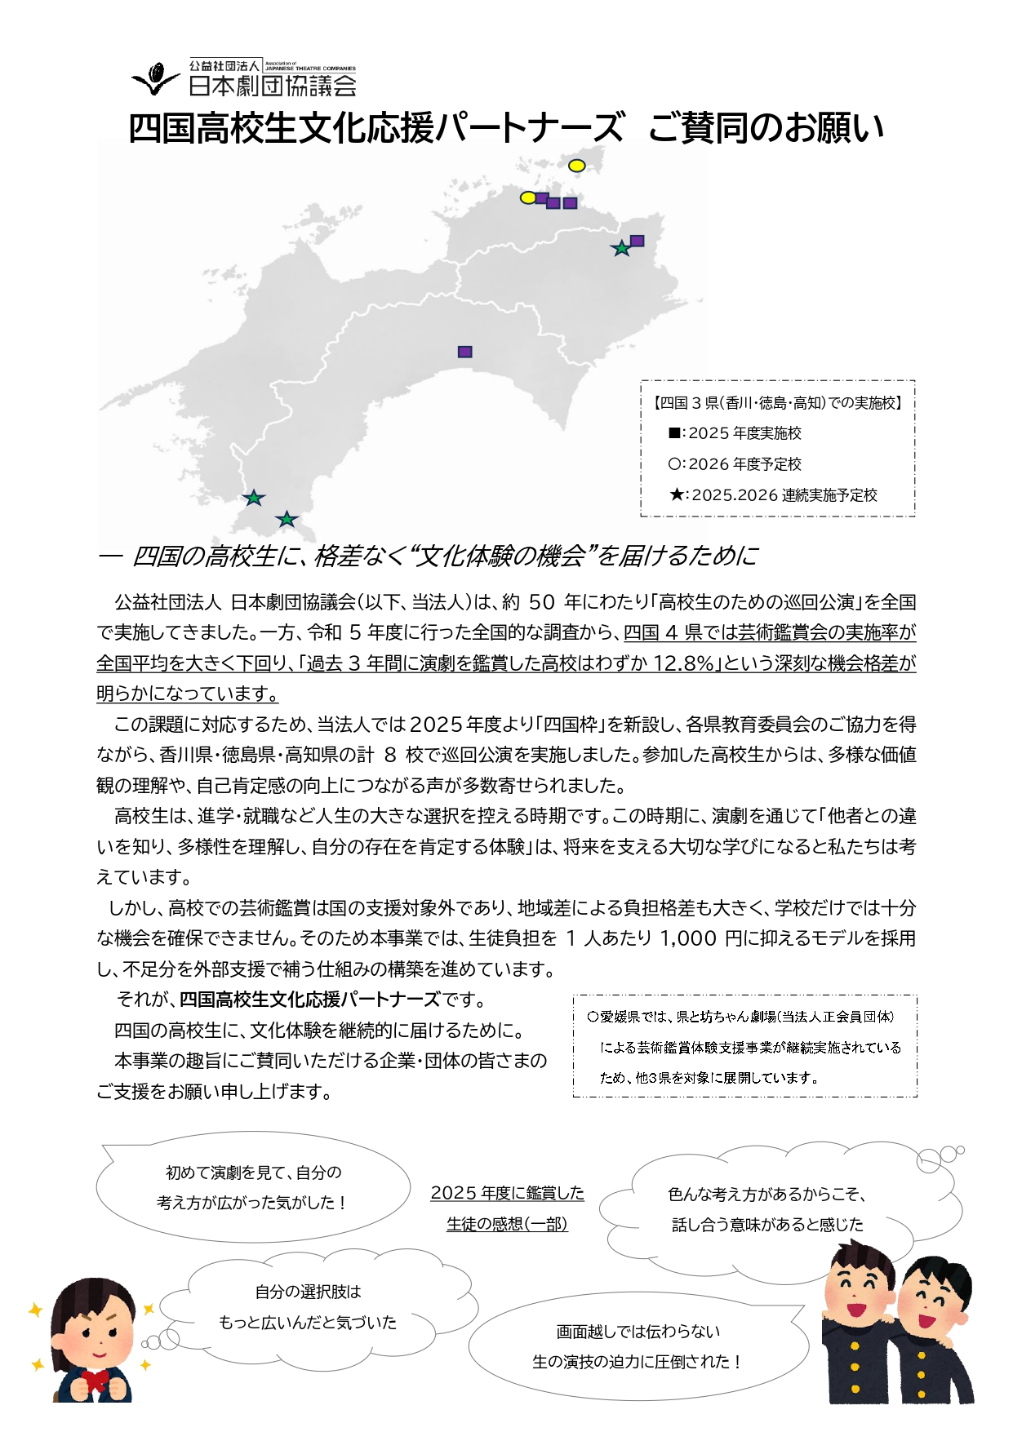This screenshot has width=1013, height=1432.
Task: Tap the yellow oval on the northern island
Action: [x=576, y=166]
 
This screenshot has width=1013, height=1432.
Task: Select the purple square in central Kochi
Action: [x=464, y=352]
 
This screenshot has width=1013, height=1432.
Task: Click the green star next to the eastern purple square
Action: [x=621, y=248]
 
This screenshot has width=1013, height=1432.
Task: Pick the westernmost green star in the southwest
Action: [x=254, y=497]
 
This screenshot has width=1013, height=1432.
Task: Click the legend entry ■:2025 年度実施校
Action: [x=734, y=433]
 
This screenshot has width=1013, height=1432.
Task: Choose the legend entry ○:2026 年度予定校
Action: [x=734, y=464]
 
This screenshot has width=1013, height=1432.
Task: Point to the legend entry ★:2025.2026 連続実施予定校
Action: [x=772, y=495]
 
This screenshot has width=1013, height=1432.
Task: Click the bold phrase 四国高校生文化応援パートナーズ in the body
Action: [x=309, y=1000]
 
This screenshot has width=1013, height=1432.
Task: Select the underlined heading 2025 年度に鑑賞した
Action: [x=507, y=1193]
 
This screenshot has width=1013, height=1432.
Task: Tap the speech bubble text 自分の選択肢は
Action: [x=308, y=1292]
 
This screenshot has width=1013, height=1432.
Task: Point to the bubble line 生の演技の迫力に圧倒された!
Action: [x=638, y=1362]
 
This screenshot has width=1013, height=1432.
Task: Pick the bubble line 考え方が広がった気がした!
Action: [x=253, y=1203]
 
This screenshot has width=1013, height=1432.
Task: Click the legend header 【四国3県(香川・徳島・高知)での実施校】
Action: [x=777, y=403]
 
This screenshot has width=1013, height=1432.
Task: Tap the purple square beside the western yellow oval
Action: [x=541, y=198]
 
